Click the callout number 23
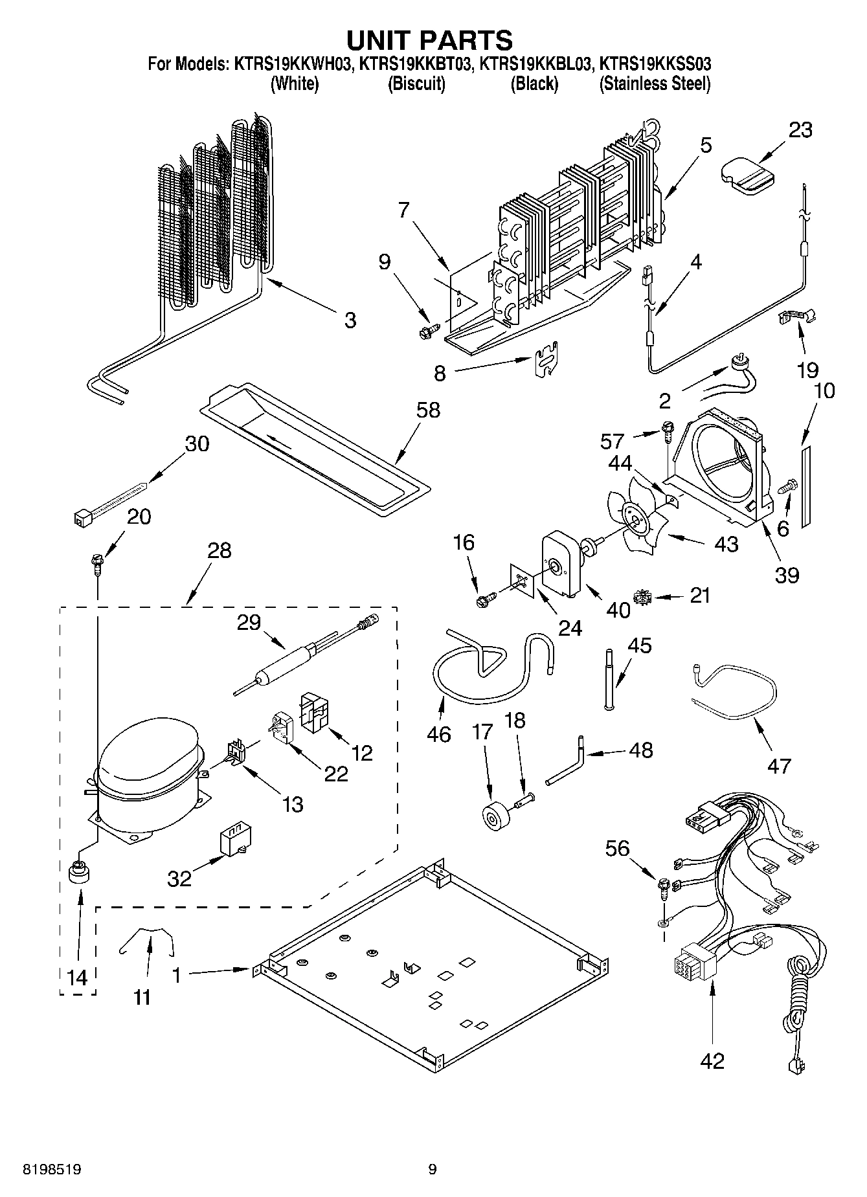tap(800, 130)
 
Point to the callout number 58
tap(428, 410)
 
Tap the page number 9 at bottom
tap(433, 1169)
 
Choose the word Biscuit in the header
tap(416, 84)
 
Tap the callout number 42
tap(712, 1060)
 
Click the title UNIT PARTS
tap(429, 40)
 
